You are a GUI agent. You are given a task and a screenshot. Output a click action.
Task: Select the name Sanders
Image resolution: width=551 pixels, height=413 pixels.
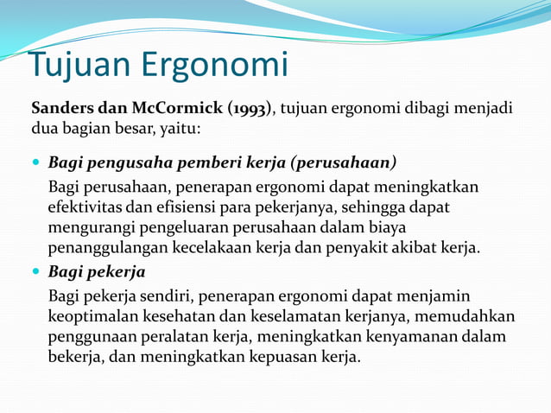[63, 109]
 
